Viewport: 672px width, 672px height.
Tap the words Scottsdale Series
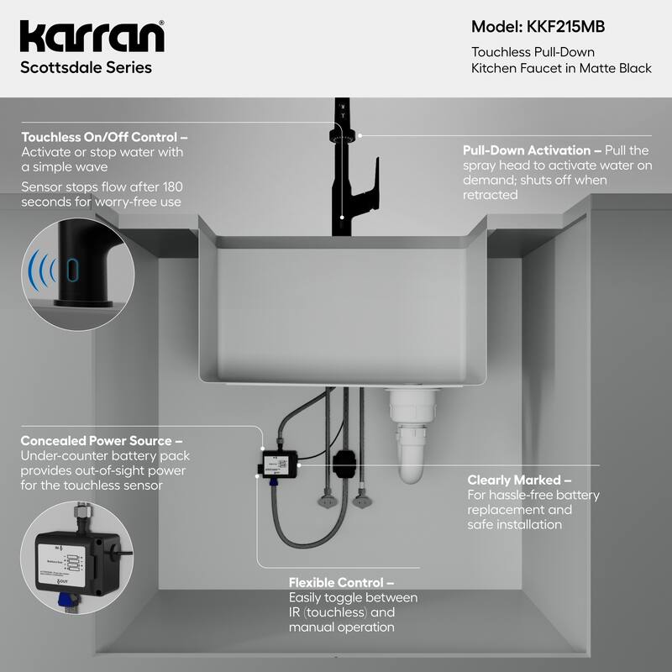(x=87, y=68)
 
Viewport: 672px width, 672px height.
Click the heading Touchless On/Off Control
(x=104, y=137)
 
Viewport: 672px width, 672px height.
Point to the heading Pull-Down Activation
(x=532, y=150)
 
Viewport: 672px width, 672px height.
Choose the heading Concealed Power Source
(x=102, y=440)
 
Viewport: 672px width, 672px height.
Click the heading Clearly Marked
(x=519, y=480)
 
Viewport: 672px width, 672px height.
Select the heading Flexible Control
(x=341, y=582)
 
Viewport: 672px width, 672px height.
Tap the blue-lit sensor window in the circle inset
(x=72, y=270)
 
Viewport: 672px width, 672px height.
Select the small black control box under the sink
(x=278, y=461)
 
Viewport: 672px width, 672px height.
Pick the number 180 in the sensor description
(x=169, y=186)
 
